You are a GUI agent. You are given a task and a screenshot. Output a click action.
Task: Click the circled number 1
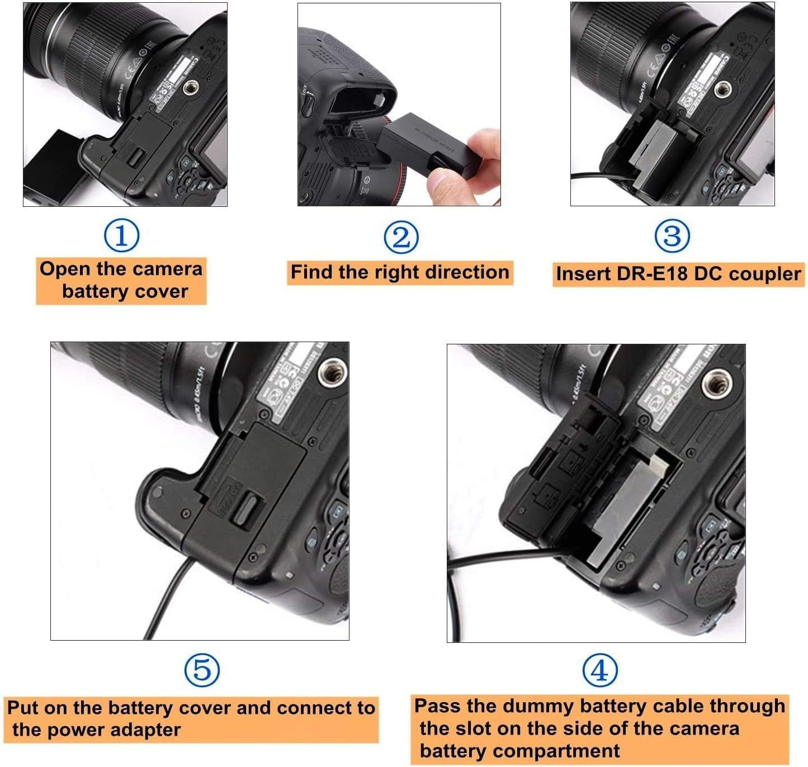click(x=121, y=235)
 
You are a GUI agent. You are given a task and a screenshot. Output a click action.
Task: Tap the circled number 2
click(x=401, y=236)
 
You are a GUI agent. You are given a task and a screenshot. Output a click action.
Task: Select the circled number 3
click(x=672, y=236)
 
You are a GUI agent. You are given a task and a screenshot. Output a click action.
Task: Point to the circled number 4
click(x=600, y=670)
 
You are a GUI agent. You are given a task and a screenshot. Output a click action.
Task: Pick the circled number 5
click(x=202, y=670)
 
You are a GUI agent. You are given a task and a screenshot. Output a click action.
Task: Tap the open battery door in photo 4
click(x=565, y=458)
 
